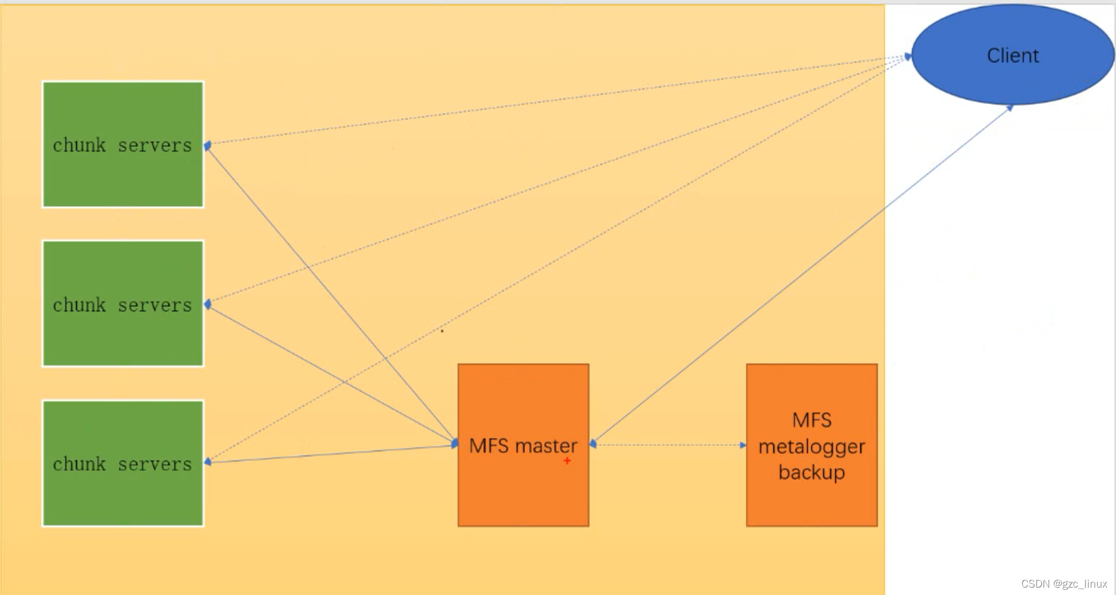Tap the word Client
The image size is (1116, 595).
(1013, 55)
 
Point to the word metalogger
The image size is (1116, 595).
(811, 446)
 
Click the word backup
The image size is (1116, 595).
(811, 472)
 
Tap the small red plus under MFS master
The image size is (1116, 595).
(567, 460)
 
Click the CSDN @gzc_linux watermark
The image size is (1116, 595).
(1064, 584)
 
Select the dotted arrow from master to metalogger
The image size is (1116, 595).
(668, 445)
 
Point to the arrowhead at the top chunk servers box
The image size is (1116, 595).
(208, 146)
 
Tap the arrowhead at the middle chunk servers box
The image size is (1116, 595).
(208, 304)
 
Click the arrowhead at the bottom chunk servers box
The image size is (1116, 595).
(208, 461)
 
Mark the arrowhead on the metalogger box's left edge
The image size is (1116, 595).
(743, 445)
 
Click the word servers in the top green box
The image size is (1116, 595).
(155, 146)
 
